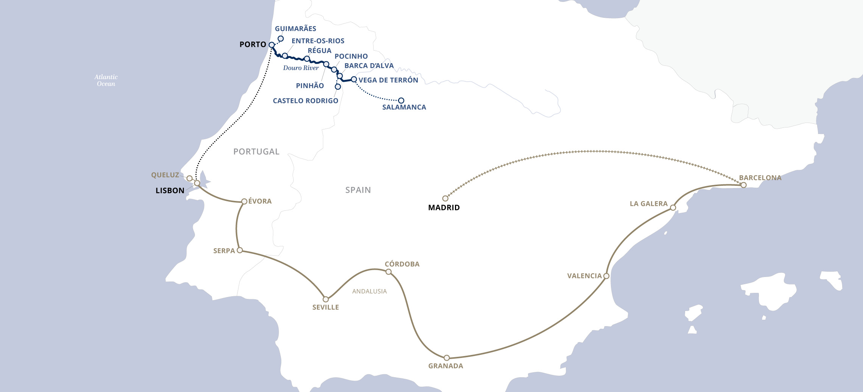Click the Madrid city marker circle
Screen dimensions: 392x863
(445, 198)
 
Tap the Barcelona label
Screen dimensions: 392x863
(760, 178)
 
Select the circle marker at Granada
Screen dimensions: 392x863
(447, 358)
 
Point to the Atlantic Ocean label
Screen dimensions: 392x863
(106, 80)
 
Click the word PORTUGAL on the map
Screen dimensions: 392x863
(256, 152)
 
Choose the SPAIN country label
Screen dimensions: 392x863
(358, 190)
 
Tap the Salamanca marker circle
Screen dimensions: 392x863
(401, 101)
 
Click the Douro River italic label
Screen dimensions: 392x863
(301, 68)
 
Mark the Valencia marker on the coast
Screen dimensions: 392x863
(606, 276)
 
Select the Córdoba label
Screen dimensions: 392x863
(402, 264)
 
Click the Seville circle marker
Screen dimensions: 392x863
(326, 299)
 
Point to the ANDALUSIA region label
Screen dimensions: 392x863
(369, 291)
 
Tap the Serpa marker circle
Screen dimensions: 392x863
(240, 250)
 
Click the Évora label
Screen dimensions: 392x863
(260, 201)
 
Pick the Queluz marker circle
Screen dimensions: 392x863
(189, 178)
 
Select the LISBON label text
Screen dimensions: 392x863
(170, 191)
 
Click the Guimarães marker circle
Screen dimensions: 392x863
(281, 39)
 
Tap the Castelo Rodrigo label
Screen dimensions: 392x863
(305, 101)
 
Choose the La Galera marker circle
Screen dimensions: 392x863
(673, 208)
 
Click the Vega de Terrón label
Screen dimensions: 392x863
(388, 80)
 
